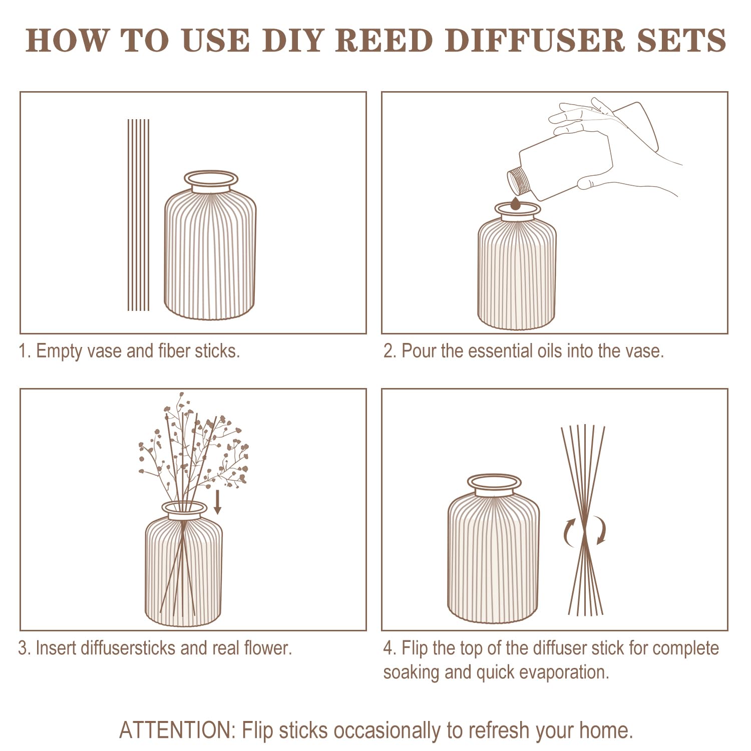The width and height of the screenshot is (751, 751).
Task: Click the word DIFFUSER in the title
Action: (x=535, y=40)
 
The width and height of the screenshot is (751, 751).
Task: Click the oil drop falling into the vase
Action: (x=516, y=204)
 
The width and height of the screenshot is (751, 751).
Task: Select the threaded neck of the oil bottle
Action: (x=519, y=181)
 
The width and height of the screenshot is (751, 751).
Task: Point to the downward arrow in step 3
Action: (x=217, y=502)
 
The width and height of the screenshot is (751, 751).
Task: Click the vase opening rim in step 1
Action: (x=211, y=179)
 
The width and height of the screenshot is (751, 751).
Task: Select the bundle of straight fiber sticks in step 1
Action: (x=138, y=215)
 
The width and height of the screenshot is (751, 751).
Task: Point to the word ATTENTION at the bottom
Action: (x=177, y=730)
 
